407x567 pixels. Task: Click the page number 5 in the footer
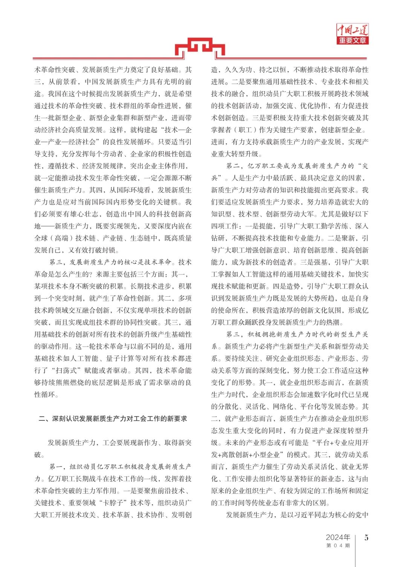point(366,538)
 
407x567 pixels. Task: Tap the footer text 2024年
point(338,537)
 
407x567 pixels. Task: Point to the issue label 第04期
point(338,546)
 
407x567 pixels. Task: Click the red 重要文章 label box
point(352,40)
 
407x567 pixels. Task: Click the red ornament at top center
point(200,49)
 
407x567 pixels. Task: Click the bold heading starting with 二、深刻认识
point(113,419)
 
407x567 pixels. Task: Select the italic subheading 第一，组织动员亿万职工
point(121,467)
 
